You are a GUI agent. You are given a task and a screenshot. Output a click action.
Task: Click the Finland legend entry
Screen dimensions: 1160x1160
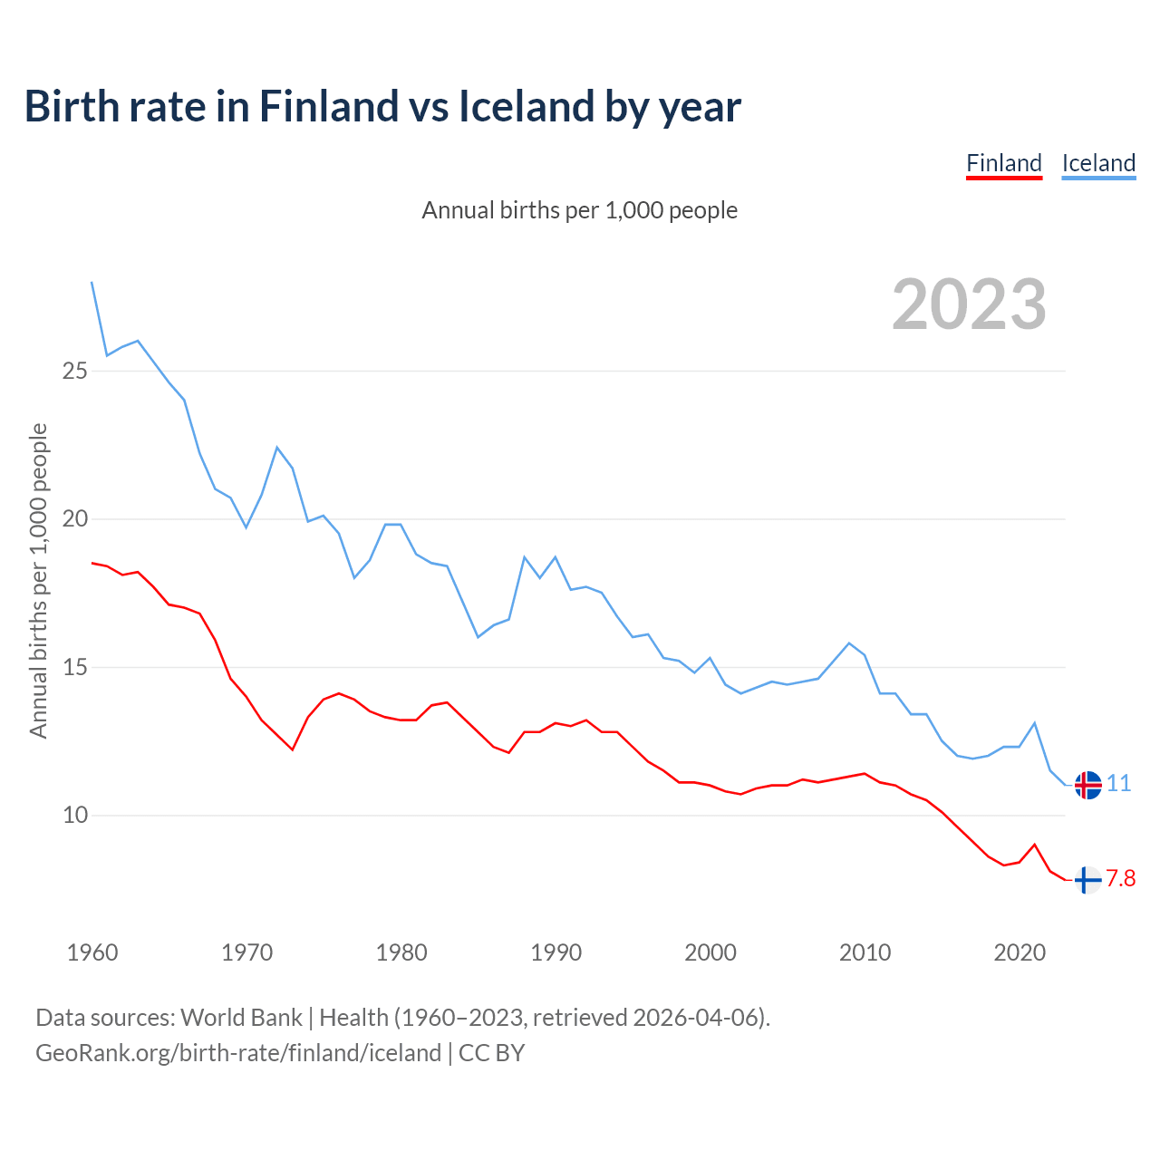(1004, 163)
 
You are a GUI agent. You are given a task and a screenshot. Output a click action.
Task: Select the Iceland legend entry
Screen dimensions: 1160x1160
(1098, 163)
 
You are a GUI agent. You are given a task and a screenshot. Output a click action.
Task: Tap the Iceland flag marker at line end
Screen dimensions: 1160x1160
(1087, 785)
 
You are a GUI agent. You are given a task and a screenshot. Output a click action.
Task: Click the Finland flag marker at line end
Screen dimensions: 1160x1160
(1087, 879)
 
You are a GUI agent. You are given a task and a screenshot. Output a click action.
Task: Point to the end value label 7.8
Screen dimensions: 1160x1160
(1121, 879)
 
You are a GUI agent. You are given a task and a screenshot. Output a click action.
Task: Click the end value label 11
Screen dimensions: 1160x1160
(1119, 784)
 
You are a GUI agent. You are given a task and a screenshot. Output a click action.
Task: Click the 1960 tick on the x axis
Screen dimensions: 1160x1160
(92, 952)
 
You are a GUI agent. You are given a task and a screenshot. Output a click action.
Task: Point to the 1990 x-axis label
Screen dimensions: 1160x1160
(556, 952)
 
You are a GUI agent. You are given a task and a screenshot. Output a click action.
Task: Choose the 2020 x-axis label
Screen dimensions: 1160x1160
(1020, 952)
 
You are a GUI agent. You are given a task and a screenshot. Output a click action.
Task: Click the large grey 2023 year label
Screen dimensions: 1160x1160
(969, 304)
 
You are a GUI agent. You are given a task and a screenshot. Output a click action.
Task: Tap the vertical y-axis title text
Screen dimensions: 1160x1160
(38, 580)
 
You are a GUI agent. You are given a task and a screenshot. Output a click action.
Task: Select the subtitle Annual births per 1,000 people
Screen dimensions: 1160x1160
(580, 210)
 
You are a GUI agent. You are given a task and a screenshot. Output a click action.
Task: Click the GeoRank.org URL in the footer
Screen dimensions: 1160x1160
(238, 1053)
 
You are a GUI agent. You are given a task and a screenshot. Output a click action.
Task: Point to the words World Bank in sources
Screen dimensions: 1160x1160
(241, 1018)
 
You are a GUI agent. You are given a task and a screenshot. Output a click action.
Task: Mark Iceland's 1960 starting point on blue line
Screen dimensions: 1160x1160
(92, 283)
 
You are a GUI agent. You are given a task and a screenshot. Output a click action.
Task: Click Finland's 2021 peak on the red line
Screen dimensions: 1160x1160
(1035, 845)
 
